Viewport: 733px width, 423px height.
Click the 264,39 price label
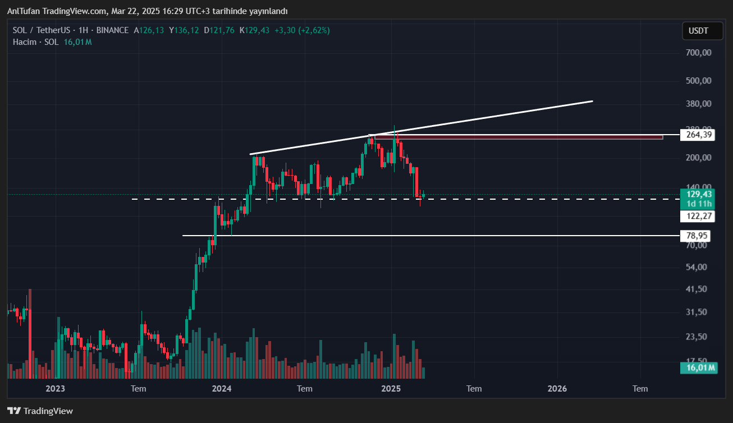coord(697,135)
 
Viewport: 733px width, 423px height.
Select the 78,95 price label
coord(697,235)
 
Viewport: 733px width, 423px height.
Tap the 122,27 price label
coord(697,216)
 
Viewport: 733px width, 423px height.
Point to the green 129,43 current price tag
coord(697,194)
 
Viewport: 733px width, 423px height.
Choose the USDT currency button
coord(698,31)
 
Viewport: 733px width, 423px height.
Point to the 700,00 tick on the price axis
coord(699,53)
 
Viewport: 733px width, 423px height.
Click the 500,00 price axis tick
coord(699,81)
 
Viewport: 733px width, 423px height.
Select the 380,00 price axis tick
coord(699,104)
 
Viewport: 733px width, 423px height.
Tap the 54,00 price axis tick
coord(697,267)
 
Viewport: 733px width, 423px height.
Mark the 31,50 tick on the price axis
coord(697,312)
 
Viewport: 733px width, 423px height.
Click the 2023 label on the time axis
coord(55,388)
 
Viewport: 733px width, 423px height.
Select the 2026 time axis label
coord(557,388)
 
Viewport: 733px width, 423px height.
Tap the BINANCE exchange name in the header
coord(112,30)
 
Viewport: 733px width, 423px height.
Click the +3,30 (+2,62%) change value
coord(302,30)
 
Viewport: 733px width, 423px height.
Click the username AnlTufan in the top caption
coord(23,11)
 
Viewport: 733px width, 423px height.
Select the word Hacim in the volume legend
coord(24,42)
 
